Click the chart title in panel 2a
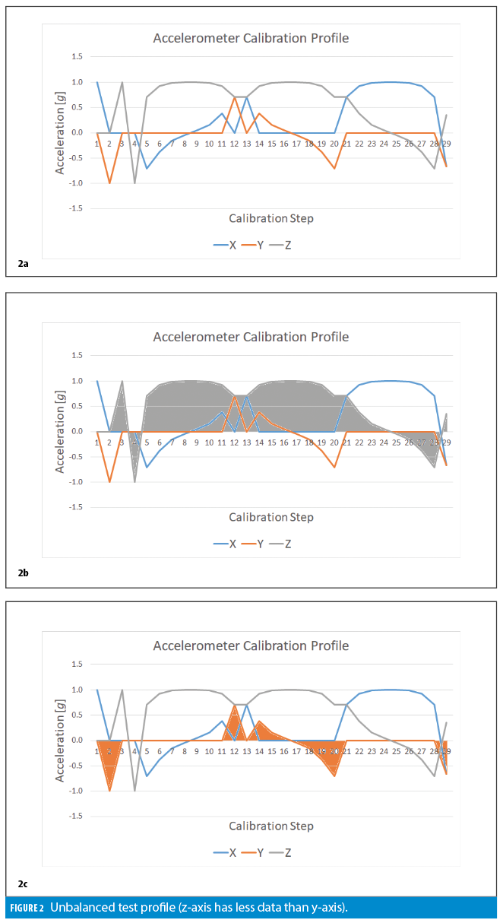[251, 38]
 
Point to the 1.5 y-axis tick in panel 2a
[77, 57]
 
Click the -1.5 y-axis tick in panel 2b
[75, 506]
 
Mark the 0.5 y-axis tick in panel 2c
[77, 715]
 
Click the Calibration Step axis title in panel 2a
[270, 219]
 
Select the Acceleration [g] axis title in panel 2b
[60, 430]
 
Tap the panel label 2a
[23, 263]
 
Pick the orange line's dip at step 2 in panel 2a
[109, 182]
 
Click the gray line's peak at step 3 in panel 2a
[122, 82]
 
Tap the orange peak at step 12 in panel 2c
[234, 706]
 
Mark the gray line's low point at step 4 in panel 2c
[134, 790]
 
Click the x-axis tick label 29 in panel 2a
[447, 143]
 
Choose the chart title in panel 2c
[251, 645]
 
